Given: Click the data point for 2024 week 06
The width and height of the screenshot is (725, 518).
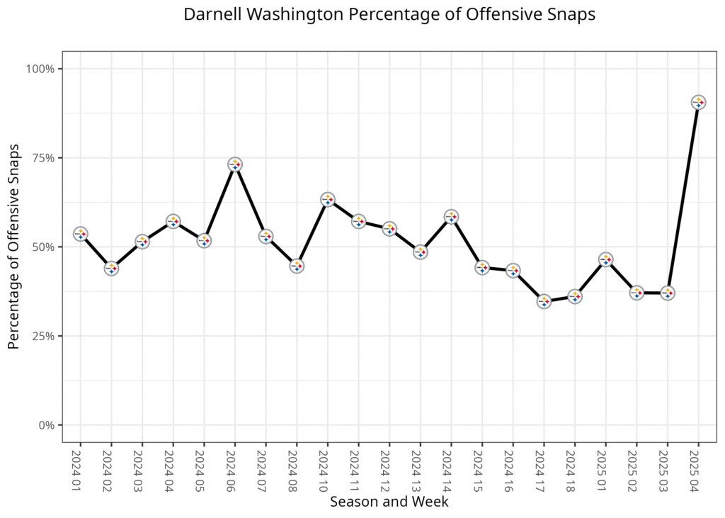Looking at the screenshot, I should (x=235, y=164).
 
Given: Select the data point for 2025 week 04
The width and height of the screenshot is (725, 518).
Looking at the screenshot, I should (x=699, y=103).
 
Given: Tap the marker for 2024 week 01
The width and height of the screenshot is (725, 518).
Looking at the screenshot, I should (x=81, y=233).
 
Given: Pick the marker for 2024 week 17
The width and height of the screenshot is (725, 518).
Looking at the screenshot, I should (x=544, y=301).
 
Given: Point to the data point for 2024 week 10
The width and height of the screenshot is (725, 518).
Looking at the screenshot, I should (x=328, y=199).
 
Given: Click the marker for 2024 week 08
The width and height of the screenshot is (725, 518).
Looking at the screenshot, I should (x=297, y=266).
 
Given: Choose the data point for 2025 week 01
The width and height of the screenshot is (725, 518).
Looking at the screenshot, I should (x=605, y=259).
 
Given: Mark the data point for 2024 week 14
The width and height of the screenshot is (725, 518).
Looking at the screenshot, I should (x=451, y=217).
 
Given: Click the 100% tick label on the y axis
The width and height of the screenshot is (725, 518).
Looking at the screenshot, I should (x=41, y=69).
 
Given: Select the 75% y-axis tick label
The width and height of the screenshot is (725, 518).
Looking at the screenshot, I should (x=44, y=158).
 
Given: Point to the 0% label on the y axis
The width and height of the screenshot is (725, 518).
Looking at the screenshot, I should (x=47, y=425).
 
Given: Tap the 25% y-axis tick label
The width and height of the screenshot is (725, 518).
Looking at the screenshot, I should (x=44, y=336).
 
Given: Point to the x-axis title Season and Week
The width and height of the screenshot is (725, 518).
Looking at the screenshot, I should (x=389, y=502).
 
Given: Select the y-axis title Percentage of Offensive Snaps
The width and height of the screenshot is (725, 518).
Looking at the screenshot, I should (x=13, y=247).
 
